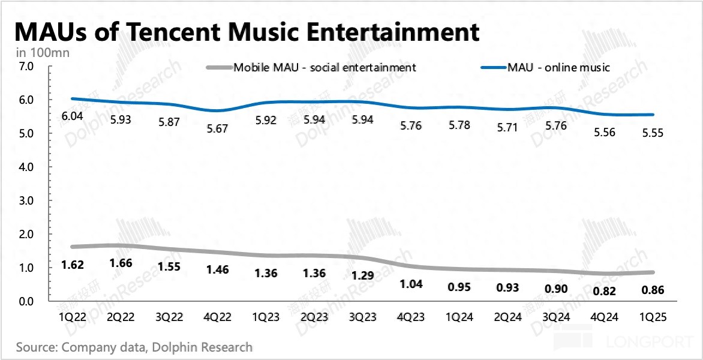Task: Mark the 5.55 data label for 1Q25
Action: [650, 133]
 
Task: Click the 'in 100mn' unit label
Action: [43, 52]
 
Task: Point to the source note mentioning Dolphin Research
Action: [134, 347]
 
